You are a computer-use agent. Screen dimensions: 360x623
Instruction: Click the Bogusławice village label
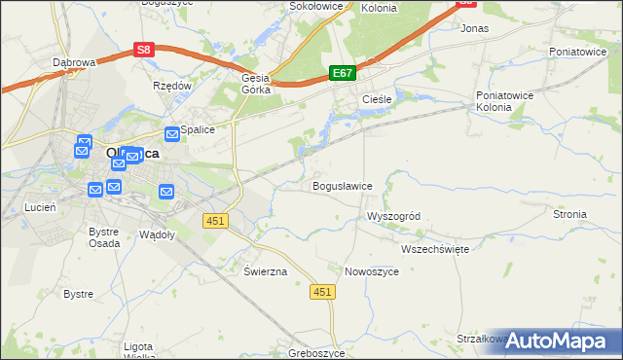tap(342, 186)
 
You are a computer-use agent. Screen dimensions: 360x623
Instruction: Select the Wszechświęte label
tap(435, 249)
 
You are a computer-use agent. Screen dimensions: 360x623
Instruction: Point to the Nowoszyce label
tap(372, 271)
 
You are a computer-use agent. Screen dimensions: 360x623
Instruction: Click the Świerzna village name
tap(265, 271)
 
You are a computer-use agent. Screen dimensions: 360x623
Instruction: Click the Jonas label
tap(474, 29)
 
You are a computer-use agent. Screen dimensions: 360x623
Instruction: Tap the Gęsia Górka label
tap(255, 85)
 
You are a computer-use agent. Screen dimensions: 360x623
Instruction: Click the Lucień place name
tap(40, 208)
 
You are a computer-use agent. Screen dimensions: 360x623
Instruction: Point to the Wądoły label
tap(157, 235)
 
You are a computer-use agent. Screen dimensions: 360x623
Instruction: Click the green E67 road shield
tap(342, 73)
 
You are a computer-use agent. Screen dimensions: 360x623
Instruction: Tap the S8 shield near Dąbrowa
tap(144, 49)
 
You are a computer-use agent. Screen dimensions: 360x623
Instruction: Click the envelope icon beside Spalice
tap(171, 133)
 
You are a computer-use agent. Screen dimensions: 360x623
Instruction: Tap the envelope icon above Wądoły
tap(166, 192)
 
